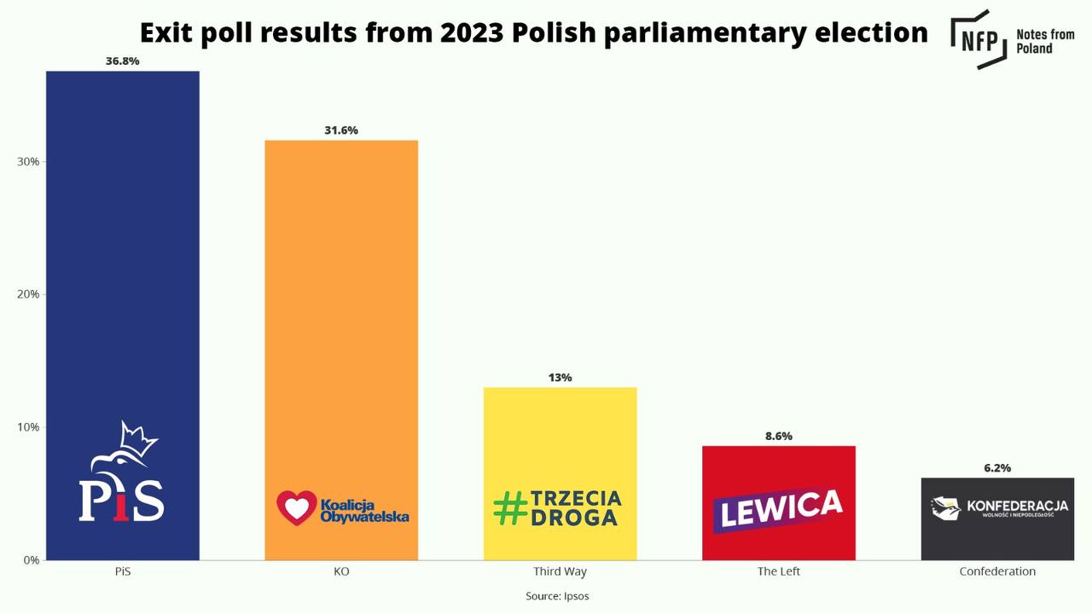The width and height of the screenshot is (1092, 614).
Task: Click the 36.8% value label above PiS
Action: (122, 61)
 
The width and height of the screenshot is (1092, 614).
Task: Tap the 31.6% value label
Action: (341, 130)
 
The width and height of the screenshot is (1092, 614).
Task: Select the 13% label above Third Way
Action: (560, 378)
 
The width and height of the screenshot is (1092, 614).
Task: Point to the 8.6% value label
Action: (778, 436)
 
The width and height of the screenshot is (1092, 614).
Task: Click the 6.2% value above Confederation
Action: (997, 468)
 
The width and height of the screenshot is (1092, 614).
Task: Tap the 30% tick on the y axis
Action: (28, 162)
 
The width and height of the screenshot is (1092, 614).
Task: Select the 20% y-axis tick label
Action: (28, 294)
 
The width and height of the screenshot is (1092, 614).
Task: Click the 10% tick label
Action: (28, 427)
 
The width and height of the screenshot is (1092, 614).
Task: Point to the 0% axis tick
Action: (31, 560)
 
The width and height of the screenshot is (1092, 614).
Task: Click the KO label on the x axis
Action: (341, 571)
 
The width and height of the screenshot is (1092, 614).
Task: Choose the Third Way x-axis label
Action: (560, 571)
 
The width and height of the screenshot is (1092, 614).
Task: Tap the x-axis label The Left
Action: (778, 571)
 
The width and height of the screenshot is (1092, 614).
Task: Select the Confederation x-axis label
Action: (997, 571)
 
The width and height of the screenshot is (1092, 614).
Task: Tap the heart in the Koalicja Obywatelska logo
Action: (296, 507)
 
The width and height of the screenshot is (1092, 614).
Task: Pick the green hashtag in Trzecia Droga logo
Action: (510, 508)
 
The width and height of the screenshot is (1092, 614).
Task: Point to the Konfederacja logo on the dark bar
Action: (998, 508)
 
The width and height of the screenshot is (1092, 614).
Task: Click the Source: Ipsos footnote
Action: (557, 596)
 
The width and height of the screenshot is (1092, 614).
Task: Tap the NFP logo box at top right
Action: (979, 38)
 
